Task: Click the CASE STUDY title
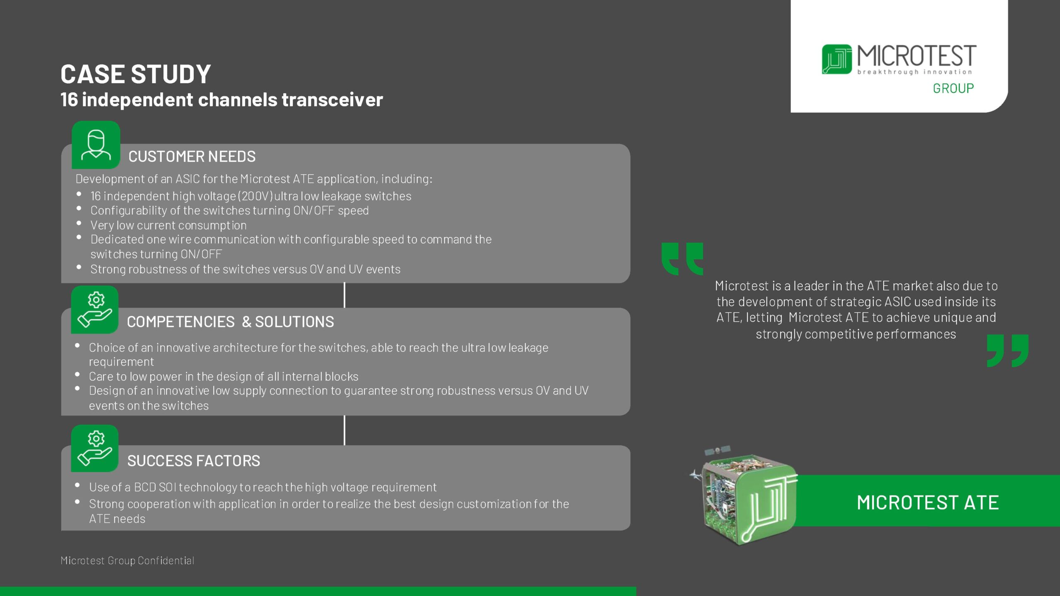pos(135,74)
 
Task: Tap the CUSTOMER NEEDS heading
pos(192,156)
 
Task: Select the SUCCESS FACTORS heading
pos(193,461)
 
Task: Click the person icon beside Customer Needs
pos(96,145)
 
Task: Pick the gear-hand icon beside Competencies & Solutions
pos(95,310)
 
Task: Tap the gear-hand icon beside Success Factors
pos(95,448)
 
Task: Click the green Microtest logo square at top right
pos(837,59)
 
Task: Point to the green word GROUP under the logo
pos(953,88)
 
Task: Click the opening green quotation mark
pos(682,259)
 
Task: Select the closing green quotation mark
pos(1008,351)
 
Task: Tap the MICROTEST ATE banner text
pos(928,502)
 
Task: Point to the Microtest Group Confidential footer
pos(127,560)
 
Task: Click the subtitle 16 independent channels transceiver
pos(222,100)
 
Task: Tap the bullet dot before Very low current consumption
pos(79,223)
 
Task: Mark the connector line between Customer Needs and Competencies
pos(344,295)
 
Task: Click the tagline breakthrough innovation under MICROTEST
pos(915,72)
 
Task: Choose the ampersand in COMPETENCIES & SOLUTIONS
pos(246,322)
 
